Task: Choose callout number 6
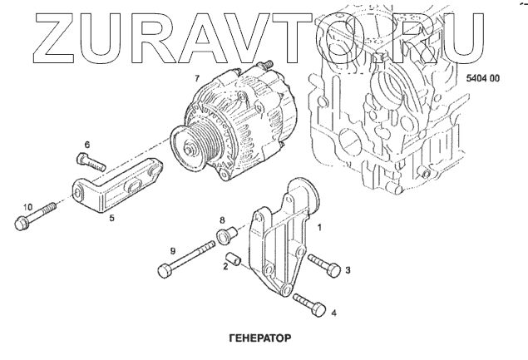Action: click(x=86, y=144)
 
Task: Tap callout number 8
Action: click(x=222, y=220)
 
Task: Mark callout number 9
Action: click(x=173, y=250)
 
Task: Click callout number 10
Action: click(x=27, y=205)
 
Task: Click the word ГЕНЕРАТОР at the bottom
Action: click(x=258, y=339)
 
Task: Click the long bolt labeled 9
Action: click(x=190, y=259)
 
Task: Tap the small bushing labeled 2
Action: click(x=236, y=260)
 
